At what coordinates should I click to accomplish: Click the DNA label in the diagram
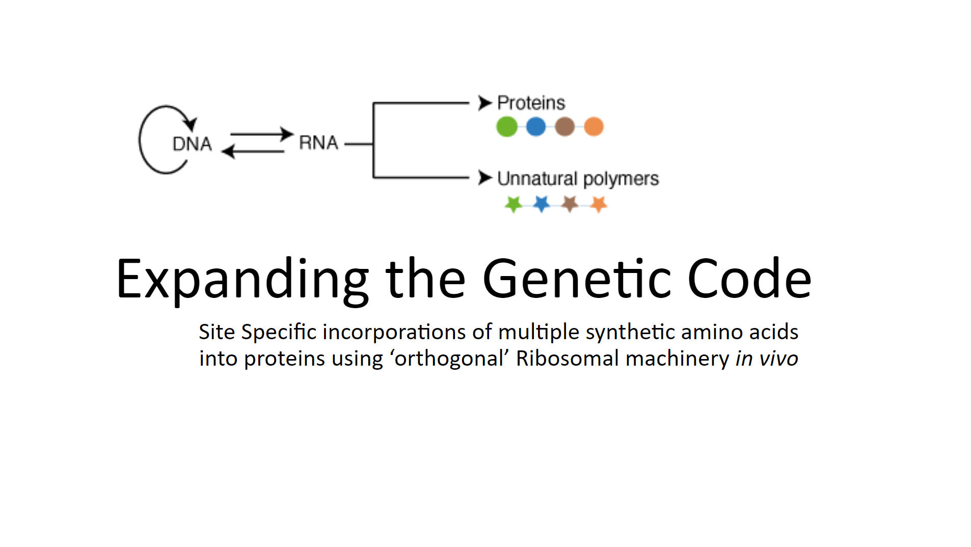[x=192, y=144]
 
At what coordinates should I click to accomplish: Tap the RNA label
[x=318, y=143]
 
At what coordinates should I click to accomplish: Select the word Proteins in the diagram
[x=531, y=103]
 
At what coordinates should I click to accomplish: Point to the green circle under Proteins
[x=506, y=127]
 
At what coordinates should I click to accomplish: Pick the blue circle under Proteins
[x=535, y=127]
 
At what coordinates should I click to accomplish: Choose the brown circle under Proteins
[x=564, y=127]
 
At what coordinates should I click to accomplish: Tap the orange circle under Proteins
[x=594, y=127]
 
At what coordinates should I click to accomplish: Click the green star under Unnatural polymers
[x=514, y=204]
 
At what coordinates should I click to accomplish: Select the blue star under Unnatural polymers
[x=542, y=204]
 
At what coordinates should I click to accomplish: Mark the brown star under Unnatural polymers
[x=570, y=204]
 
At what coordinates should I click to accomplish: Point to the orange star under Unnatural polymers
[x=599, y=204]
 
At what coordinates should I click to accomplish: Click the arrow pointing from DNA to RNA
[x=262, y=134]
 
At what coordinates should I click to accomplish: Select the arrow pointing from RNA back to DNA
[x=253, y=151]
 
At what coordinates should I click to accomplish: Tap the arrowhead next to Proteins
[x=484, y=103]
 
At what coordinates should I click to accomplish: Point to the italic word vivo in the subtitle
[x=778, y=358]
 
